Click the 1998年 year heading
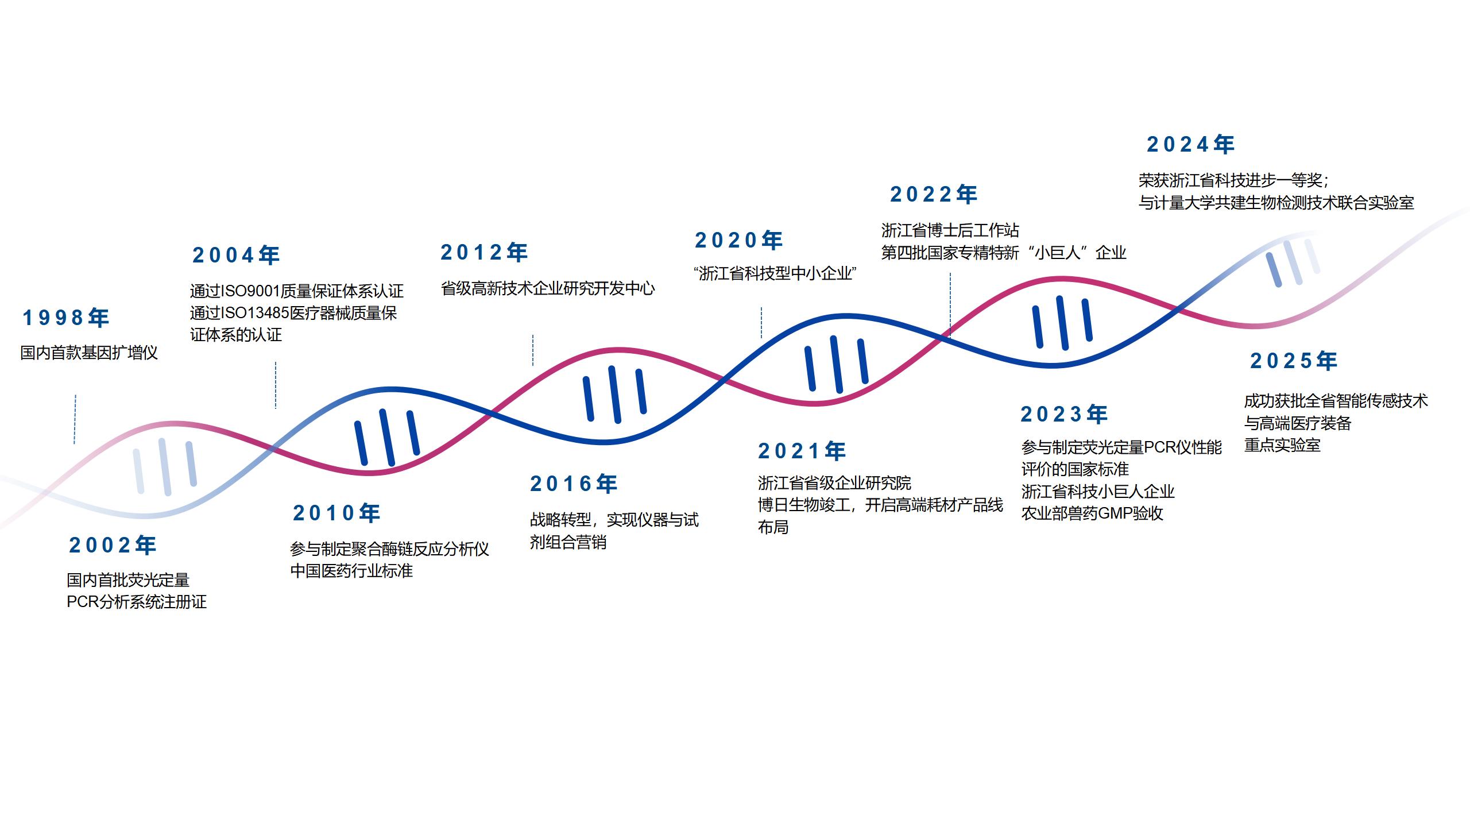click(65, 318)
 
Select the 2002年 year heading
click(113, 546)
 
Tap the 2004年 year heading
click(236, 256)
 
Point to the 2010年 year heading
click(336, 513)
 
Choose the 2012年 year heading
click(484, 253)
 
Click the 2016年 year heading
click(574, 484)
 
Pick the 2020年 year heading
click(738, 241)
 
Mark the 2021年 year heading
click(802, 451)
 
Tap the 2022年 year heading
click(934, 195)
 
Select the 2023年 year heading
click(1064, 414)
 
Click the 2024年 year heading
click(1190, 145)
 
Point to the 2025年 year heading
click(1294, 361)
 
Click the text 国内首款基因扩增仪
click(89, 353)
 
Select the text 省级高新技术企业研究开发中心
click(548, 288)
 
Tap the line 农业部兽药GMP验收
click(1092, 513)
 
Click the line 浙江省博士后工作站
click(950, 230)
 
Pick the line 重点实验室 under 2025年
click(1282, 445)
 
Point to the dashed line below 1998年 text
click(75, 419)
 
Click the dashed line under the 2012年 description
click(533, 350)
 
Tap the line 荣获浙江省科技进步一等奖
click(1232, 180)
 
